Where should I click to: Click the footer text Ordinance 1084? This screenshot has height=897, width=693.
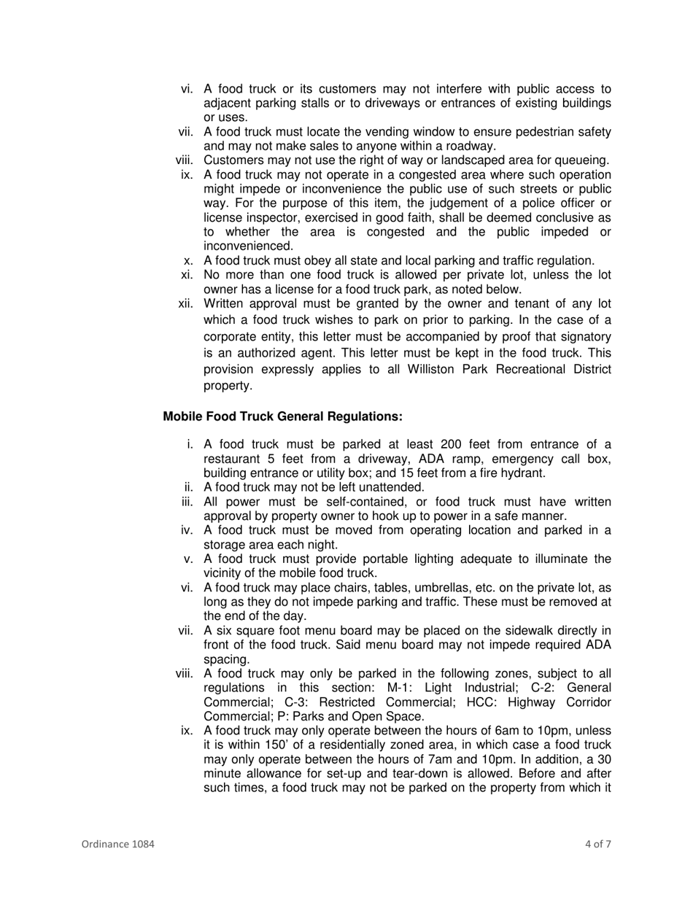117,844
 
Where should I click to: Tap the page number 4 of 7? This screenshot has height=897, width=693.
597,844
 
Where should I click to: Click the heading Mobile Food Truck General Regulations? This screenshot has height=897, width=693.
282,416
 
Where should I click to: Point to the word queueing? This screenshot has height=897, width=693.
584,160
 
